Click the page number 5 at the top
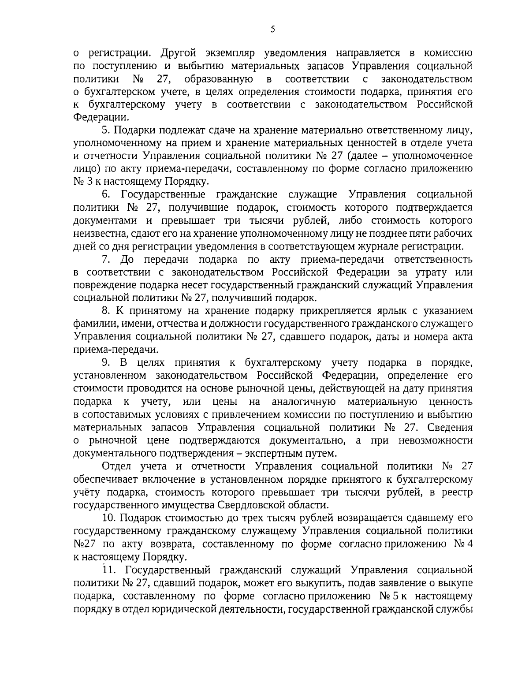pyautogui.click(x=272, y=29)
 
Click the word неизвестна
pyautogui.click(x=96, y=233)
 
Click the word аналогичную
pyautogui.click(x=304, y=402)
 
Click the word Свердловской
pyautogui.click(x=248, y=504)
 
